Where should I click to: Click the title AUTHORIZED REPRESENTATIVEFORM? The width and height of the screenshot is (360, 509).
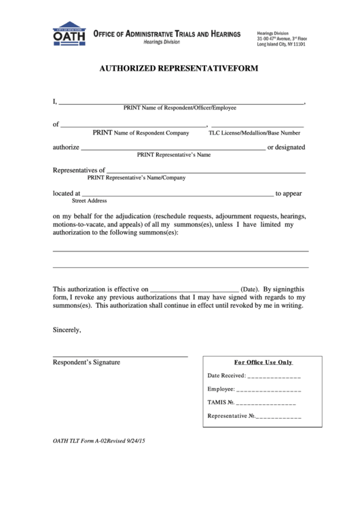coord(179,69)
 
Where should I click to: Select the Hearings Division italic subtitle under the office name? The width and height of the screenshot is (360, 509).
coord(162,42)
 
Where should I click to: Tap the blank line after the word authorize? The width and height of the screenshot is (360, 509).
coord(173,149)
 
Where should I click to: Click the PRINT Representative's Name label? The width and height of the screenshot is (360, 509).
coord(174,155)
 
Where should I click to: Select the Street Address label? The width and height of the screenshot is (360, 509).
coord(90,201)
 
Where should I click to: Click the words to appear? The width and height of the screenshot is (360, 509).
coord(289,194)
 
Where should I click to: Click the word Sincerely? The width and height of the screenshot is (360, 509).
coord(67,330)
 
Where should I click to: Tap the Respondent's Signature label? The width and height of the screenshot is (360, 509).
coord(86,362)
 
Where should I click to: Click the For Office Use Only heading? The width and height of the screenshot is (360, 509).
coord(263,362)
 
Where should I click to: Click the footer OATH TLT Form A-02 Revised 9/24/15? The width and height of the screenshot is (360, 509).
coord(99,441)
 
